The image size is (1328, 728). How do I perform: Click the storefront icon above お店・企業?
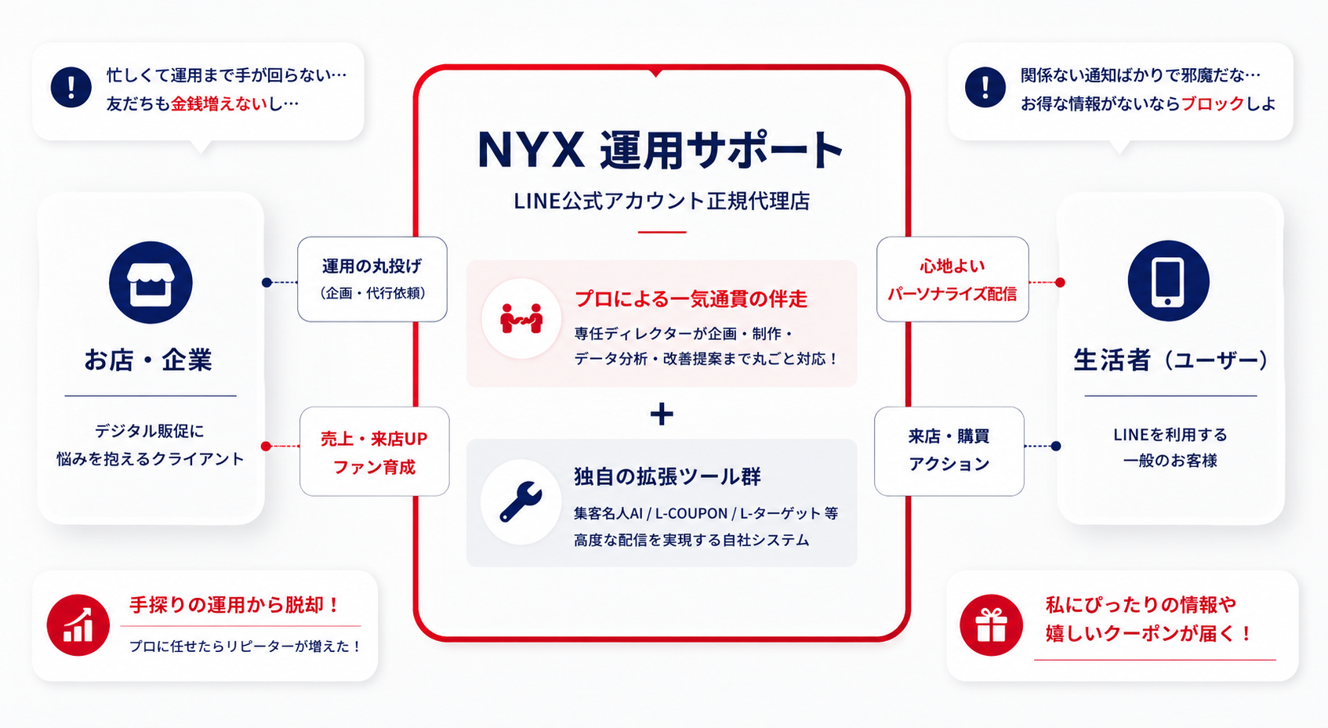pos(151,282)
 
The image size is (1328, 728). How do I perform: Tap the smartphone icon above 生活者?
pos(1168,281)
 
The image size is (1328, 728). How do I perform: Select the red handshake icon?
pos(521,318)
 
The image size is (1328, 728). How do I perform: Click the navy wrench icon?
pos(521,502)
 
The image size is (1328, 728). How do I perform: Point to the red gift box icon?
pos(991,625)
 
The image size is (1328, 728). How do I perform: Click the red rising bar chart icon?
pos(78,625)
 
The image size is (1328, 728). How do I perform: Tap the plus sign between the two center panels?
pos(662,414)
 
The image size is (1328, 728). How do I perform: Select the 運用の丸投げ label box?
pos(372,279)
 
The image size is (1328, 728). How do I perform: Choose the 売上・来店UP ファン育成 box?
pos(375,451)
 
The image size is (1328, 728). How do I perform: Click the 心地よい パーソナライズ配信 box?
pos(952,279)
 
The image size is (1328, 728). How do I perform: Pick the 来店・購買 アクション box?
pos(949,451)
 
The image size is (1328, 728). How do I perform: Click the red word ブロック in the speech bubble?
pos(1213,103)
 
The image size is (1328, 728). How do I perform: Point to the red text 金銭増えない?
pos(219,104)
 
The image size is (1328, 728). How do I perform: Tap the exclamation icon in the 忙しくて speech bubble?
pos(71,87)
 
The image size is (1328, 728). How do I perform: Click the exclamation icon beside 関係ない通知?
pos(985,87)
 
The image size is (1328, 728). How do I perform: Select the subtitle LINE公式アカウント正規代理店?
pos(662,201)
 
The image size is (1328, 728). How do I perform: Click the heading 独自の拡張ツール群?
pos(667,476)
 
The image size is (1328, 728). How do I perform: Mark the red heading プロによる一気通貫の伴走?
pos(691,299)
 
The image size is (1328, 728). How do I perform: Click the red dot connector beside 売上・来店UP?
pos(267,446)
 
